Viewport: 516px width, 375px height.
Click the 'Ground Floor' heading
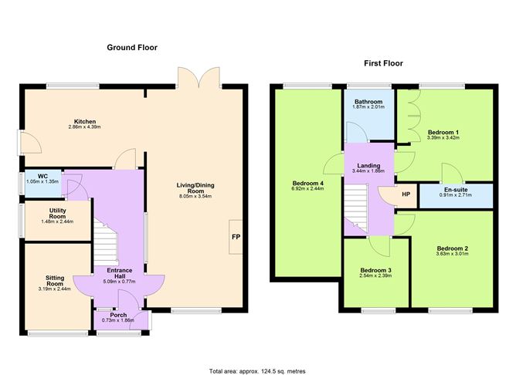tap(131, 48)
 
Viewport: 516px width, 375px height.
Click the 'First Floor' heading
tap(383, 63)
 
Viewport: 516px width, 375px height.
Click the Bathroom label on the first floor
tap(368, 102)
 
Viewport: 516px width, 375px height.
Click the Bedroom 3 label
tap(376, 270)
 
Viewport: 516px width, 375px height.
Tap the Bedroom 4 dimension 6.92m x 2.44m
tap(307, 187)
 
